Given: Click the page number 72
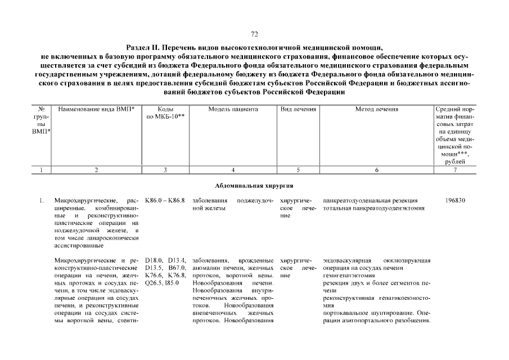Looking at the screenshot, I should [x=254, y=34].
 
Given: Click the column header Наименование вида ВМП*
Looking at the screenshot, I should [x=96, y=109].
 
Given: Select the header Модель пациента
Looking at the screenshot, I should [x=233, y=109].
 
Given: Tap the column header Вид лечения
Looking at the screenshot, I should [x=298, y=109].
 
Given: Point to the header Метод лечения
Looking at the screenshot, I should [x=376, y=109].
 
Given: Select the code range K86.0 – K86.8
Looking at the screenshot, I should [x=165, y=201].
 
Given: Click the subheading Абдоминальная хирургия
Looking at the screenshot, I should [x=254, y=185].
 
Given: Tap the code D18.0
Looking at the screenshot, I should [x=153, y=260].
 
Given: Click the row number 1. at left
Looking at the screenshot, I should [x=42, y=201].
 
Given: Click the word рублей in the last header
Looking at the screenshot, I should [x=454, y=161].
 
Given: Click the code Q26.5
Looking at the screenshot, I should [x=153, y=283].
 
